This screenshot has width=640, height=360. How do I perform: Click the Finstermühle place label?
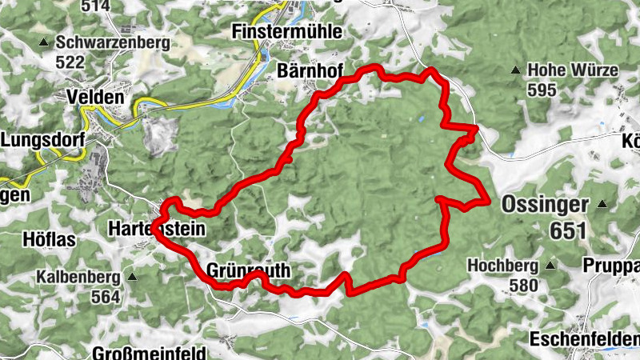286,32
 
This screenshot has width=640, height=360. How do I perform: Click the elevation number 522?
70,61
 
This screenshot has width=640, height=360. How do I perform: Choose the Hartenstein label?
156,229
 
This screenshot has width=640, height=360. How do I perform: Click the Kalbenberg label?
78,278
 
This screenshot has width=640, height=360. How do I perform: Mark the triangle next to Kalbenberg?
132,278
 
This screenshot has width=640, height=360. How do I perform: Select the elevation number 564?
105,298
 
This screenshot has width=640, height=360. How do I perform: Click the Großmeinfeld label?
149,353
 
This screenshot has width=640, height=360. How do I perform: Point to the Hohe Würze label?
573,70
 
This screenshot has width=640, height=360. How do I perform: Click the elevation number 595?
542,90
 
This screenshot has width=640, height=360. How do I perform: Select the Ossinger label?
546,205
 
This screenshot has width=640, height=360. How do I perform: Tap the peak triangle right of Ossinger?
602,205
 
